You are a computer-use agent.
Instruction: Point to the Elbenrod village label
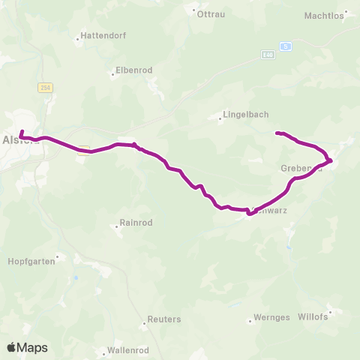point(133,70)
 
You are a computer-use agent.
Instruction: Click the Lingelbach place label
point(242,116)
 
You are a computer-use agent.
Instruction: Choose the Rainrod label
point(136,223)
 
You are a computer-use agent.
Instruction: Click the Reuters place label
point(164,319)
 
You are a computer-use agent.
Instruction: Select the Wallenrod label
point(127,350)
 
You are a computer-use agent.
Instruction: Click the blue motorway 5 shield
point(286,46)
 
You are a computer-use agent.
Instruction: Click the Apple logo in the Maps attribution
point(12,347)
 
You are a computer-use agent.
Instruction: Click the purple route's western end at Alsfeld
point(21,133)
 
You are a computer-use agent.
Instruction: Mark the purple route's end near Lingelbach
point(277,133)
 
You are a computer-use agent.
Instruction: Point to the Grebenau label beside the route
point(301,168)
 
